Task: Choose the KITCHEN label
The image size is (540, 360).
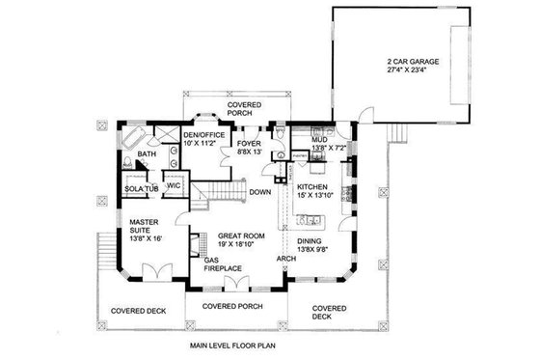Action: click(314, 187)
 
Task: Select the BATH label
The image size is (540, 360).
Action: click(147, 154)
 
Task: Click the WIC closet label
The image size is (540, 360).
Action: click(175, 185)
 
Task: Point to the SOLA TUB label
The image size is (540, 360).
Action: click(141, 188)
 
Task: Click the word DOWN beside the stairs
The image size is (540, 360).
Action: click(260, 192)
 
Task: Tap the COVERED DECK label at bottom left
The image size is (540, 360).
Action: click(141, 311)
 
